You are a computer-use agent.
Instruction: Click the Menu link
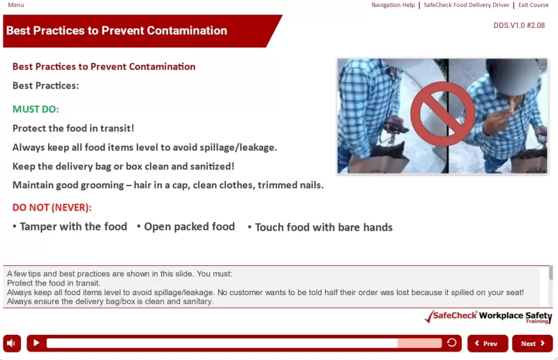pos(15,5)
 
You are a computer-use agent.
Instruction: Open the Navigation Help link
pos(393,5)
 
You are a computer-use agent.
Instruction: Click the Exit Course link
pos(533,5)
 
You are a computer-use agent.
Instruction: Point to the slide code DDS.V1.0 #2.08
pos(519,25)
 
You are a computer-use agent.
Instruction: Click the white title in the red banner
pos(116,31)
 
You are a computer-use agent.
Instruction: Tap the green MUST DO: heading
pos(36,110)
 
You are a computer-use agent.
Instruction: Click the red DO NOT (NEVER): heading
pos(52,207)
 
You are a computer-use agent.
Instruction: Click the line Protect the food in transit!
pos(73,128)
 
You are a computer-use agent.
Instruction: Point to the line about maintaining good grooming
pos(168,185)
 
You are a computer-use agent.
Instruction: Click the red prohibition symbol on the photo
pos(442,115)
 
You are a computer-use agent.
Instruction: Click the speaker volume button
pos(12,343)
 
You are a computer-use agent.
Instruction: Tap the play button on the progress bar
pos(36,343)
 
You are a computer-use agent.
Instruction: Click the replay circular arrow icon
pos(452,343)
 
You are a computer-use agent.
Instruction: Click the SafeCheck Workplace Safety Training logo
pos(488,317)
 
